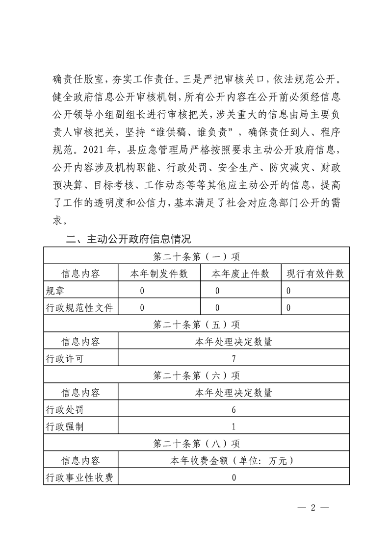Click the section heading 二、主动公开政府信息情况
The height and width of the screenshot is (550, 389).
pyautogui.click(x=129, y=239)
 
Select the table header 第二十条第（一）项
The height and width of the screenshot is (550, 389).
pyautogui.click(x=196, y=256)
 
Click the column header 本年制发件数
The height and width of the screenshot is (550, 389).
pyautogui.click(x=159, y=274)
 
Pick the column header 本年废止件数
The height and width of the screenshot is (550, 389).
pyautogui.click(x=240, y=274)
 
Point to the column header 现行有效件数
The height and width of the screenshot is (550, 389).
pyautogui.click(x=315, y=274)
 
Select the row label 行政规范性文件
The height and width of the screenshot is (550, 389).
pyautogui.click(x=79, y=308)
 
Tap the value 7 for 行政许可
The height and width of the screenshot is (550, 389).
pyautogui.click(x=234, y=359)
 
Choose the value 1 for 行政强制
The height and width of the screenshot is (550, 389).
pyautogui.click(x=234, y=426)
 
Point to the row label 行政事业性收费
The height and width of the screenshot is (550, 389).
pyautogui.click(x=79, y=477)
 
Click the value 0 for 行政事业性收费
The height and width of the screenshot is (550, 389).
pyautogui.click(x=234, y=477)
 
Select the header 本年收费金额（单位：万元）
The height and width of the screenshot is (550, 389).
pyautogui.click(x=234, y=461)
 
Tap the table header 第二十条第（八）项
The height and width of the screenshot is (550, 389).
pyautogui.click(x=196, y=444)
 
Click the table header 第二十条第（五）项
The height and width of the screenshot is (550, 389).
pyautogui.click(x=196, y=325)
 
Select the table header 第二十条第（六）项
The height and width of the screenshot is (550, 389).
pyautogui.click(x=196, y=375)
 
